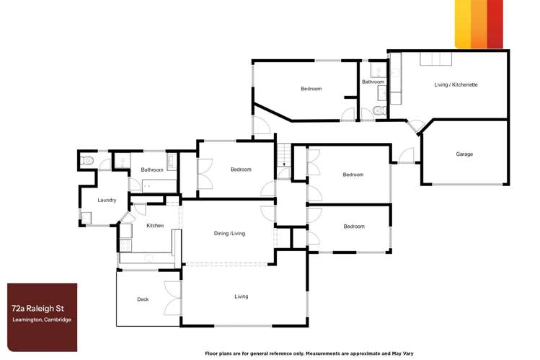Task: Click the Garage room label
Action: pos(464,154)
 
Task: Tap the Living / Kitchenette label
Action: pos(456,84)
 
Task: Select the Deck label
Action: pos(143,299)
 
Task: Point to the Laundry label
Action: pos(107,200)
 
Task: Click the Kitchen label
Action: pos(155,226)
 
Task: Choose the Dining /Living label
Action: pos(229,234)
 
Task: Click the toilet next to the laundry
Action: pos(87,161)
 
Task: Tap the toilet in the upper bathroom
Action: pos(379,110)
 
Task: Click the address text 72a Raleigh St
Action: pos(37,308)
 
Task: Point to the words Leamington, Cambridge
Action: pos(42,320)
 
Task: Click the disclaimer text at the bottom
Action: pos(309,354)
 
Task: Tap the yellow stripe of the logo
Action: pos(463,24)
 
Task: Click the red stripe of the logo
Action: pos(495,24)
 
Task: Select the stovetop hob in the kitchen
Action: pos(125,245)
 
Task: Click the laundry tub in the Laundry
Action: pos(86,218)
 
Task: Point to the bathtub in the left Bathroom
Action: pos(159,186)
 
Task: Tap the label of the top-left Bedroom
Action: pos(311,89)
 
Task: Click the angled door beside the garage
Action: pos(412,127)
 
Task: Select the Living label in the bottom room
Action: pos(241,297)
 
